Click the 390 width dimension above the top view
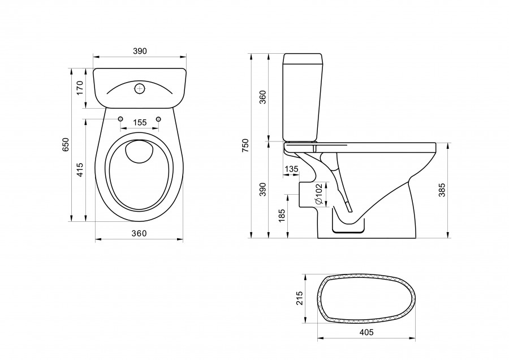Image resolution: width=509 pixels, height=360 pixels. [x=140, y=51]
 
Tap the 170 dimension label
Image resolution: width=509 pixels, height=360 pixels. [x=80, y=87]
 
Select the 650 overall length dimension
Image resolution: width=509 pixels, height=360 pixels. [x=65, y=144]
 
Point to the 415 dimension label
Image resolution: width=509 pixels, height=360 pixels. [x=80, y=169]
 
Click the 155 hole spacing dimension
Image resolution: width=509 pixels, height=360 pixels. [x=140, y=123]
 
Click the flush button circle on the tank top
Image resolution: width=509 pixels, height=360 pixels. [x=140, y=88]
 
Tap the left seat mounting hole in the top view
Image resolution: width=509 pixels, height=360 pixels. [x=121, y=118]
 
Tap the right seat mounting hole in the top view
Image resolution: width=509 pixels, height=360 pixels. [x=158, y=118]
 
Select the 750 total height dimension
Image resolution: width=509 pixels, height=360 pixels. [x=245, y=146]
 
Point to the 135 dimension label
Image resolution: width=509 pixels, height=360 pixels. [x=292, y=169]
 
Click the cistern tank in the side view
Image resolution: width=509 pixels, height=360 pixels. [x=303, y=97]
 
